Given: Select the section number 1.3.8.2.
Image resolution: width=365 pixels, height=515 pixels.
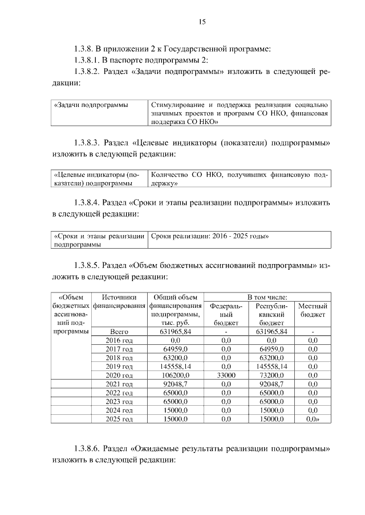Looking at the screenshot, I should pyautogui.click(x=87, y=72).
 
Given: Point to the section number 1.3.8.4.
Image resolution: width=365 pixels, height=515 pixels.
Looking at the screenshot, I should pyautogui.click(x=87, y=202).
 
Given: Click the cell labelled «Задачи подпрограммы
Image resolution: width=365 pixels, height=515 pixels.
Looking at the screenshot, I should pyautogui.click(x=91, y=105).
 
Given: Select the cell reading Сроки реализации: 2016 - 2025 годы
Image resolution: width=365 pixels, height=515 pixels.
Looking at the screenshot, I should pyautogui.click(x=210, y=236).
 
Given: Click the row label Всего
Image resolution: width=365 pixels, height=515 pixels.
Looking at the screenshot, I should pyautogui.click(x=119, y=331).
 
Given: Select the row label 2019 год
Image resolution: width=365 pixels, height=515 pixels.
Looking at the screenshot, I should pyautogui.click(x=119, y=366).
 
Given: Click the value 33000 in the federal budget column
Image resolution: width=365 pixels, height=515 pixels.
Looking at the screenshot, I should pyautogui.click(x=225, y=376).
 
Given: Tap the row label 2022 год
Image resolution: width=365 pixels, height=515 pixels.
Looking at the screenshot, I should pyautogui.click(x=119, y=393).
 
